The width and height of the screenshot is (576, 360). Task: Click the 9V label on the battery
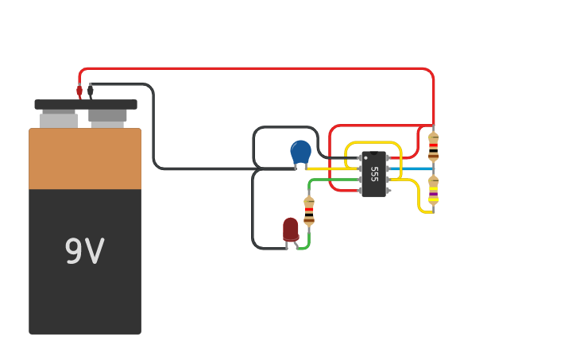point(83,252)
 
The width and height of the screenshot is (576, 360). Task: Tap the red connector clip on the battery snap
point(79,91)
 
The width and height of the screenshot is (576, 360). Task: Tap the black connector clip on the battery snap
point(91,91)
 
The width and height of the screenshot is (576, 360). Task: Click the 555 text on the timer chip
point(374,174)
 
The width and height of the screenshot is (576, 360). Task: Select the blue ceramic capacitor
point(300,151)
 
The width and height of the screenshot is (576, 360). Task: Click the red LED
point(291,229)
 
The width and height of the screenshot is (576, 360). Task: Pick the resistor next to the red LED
point(309,211)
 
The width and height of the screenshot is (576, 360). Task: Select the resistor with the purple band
point(433,190)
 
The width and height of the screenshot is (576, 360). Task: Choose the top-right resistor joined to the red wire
point(433,146)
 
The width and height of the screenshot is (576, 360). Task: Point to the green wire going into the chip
point(334,180)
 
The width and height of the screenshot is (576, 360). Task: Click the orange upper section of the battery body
point(85,159)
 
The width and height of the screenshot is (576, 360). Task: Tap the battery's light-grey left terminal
point(59,120)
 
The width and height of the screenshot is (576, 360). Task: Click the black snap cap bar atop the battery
point(86,104)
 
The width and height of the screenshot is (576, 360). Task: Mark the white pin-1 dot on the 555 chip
point(365,157)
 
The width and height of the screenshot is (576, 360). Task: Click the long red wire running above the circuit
point(254,69)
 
